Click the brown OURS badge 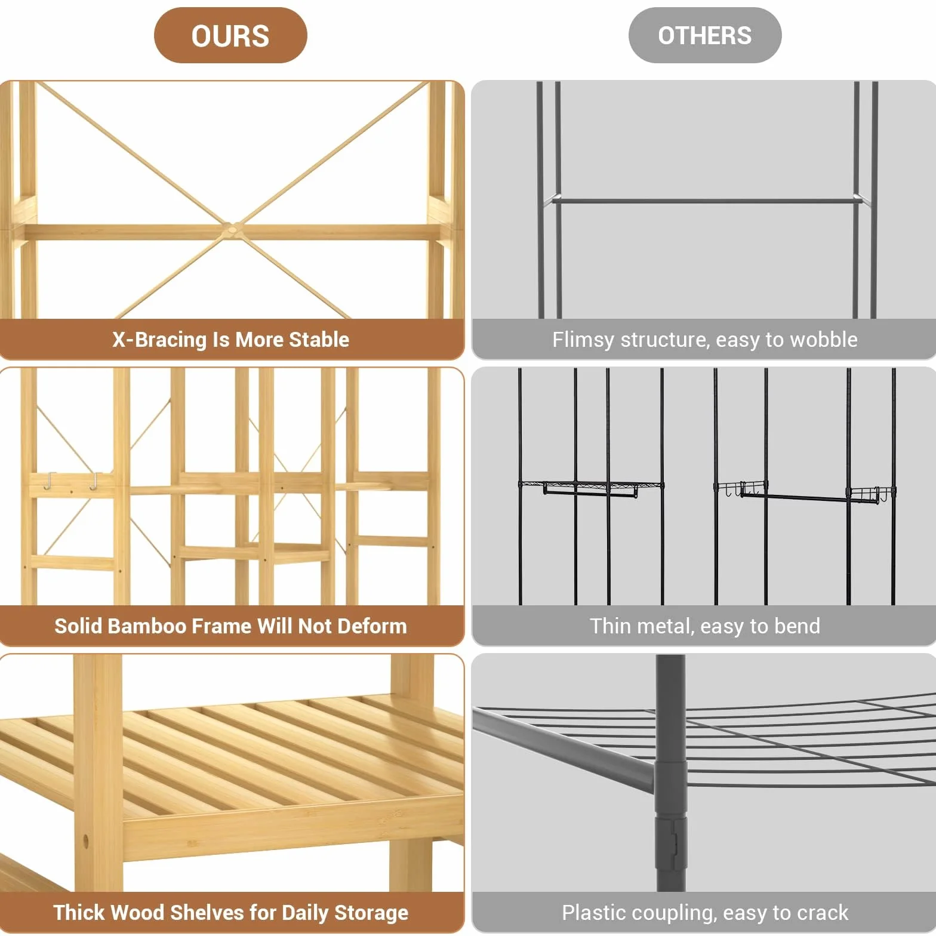[x=230, y=35]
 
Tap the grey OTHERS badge [x=705, y=35]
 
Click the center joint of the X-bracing [x=231, y=230]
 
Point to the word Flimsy [x=583, y=340]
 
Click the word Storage [x=371, y=913]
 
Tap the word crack [x=823, y=913]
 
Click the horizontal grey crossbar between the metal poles [x=705, y=201]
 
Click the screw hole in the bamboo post [x=85, y=841]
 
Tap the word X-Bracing [x=159, y=340]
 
